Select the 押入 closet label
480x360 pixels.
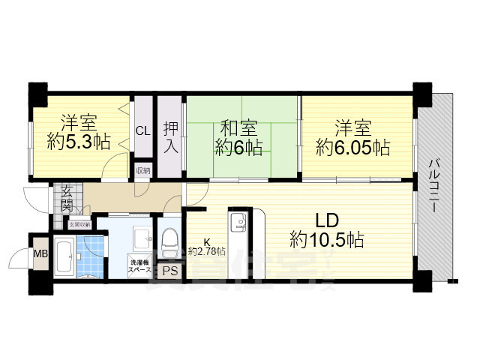170,136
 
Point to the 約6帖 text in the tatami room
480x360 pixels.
235,147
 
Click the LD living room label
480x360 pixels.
327,221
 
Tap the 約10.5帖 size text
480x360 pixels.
327,240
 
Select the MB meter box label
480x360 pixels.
40,253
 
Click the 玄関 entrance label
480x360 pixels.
67,196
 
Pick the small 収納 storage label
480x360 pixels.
142,171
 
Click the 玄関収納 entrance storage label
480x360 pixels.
79,224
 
